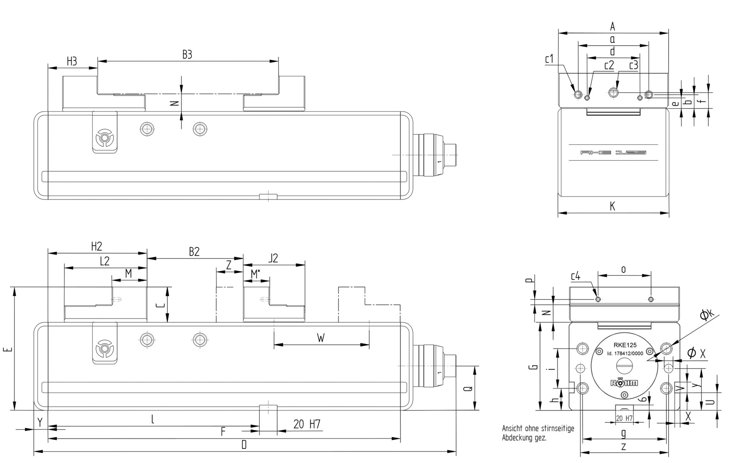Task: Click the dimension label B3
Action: [x=187, y=55]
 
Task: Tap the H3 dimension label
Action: [x=72, y=62]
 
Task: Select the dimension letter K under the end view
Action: [x=612, y=207]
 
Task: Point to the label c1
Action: [x=549, y=59]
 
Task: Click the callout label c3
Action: [x=634, y=65]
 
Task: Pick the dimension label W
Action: [x=321, y=338]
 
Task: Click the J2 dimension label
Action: [x=273, y=258]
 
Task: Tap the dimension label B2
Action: [x=194, y=252]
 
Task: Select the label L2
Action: [x=105, y=261]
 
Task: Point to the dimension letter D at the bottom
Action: [x=244, y=445]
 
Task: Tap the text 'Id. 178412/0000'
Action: [x=625, y=353]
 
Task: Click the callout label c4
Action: [x=575, y=276]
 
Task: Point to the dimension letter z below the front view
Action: [x=624, y=446]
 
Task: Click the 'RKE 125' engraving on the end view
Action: [x=613, y=153]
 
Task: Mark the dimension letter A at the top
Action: [x=613, y=27]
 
